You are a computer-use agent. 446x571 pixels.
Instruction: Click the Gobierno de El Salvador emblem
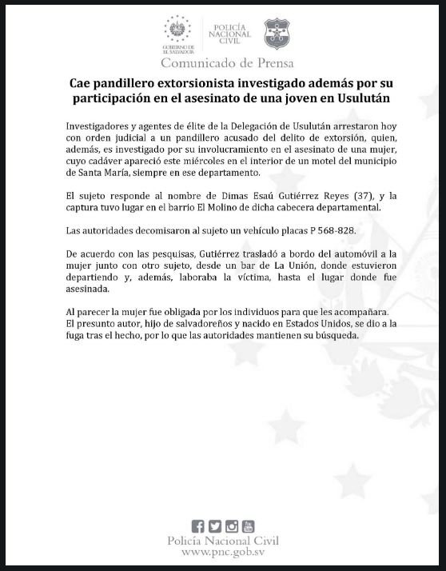click(177, 29)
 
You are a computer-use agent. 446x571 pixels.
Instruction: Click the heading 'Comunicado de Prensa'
click(227, 62)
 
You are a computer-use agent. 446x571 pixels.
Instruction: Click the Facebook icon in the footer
click(198, 526)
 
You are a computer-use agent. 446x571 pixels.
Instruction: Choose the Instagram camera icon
click(231, 526)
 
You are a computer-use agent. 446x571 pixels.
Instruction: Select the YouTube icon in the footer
click(248, 526)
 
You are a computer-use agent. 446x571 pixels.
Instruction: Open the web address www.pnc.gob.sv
click(223, 552)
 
